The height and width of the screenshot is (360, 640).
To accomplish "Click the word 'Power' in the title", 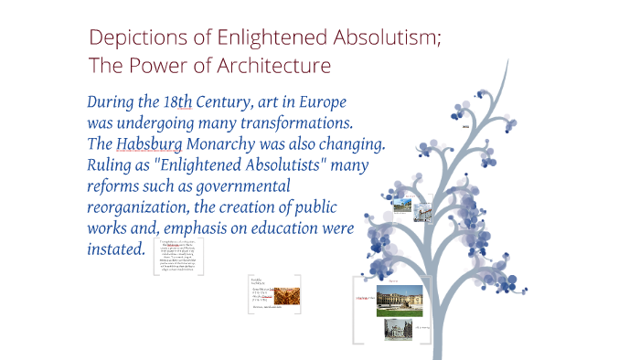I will point(162,66).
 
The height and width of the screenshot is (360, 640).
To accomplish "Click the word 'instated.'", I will point(115,249).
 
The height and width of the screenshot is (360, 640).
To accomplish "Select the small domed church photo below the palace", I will point(397,328).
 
